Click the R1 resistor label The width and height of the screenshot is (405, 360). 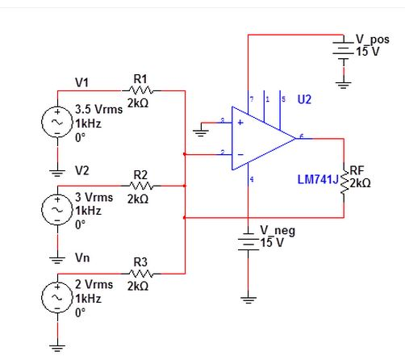tap(139, 78)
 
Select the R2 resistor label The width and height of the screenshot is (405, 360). tap(140, 174)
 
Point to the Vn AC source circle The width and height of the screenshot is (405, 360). tap(57, 297)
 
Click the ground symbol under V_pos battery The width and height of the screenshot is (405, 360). tap(344, 82)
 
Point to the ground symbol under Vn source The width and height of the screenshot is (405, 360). tap(57, 348)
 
